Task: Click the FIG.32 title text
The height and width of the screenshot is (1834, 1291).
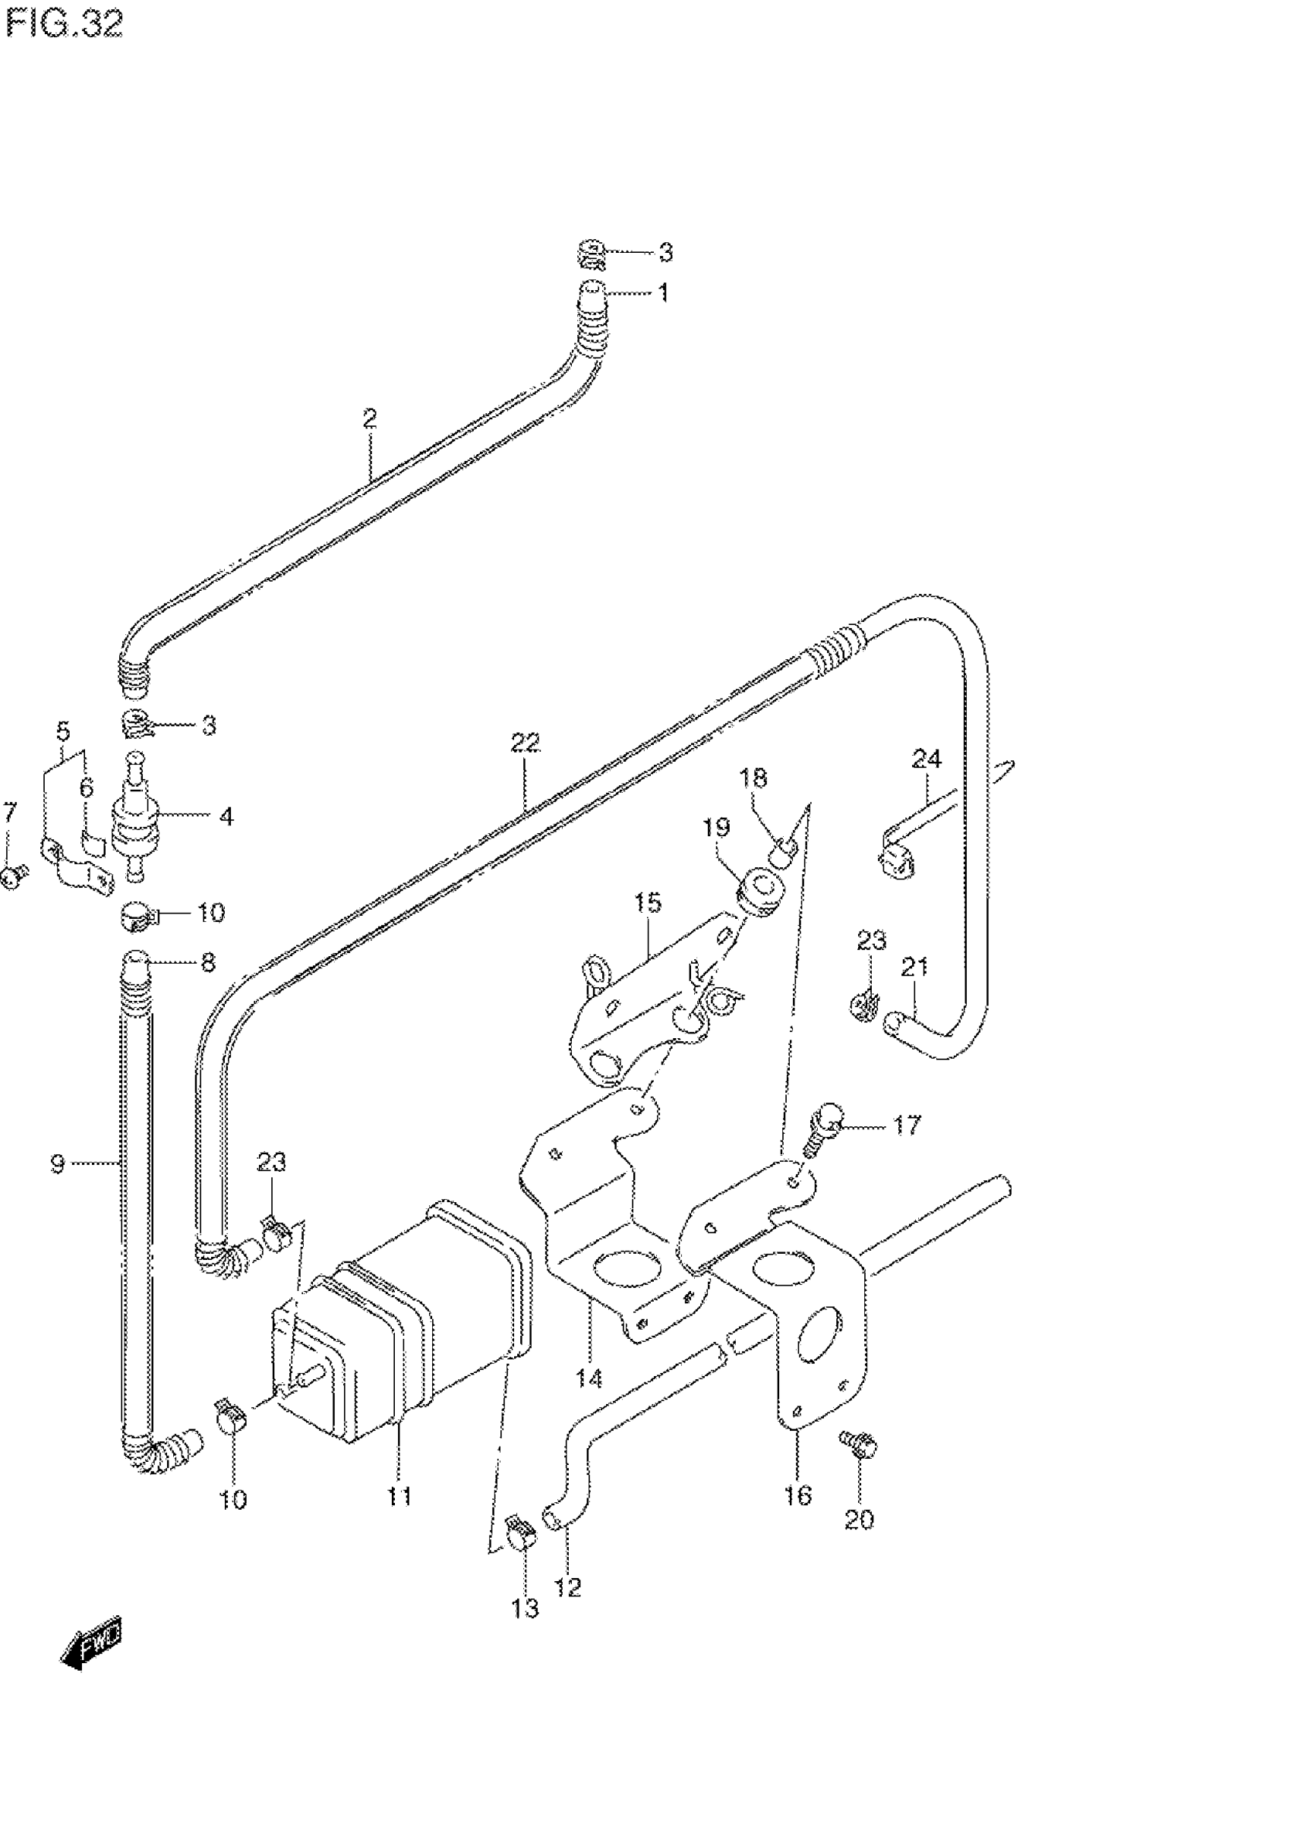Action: [64, 26]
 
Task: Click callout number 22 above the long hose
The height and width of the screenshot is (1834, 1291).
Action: [526, 743]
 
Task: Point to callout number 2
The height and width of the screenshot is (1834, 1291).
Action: [369, 418]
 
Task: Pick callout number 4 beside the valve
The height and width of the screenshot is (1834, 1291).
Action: [226, 816]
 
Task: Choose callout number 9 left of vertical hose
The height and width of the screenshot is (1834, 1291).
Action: [58, 1165]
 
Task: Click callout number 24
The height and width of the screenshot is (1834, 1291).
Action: [926, 758]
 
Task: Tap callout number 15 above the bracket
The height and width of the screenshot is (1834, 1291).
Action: [648, 904]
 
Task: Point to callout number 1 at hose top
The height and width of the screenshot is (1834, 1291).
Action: [663, 293]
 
